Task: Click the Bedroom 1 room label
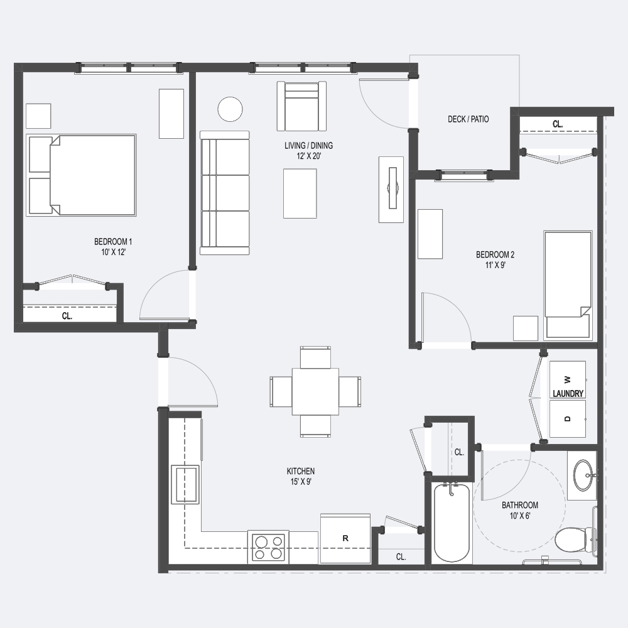coord(113,247)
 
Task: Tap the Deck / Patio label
coord(468,119)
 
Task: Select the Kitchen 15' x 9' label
coord(301,476)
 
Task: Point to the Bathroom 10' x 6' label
coord(520,510)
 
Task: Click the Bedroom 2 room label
coord(495,259)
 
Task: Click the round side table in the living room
coord(230,109)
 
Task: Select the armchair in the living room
coord(301,106)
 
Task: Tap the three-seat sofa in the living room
coord(225,193)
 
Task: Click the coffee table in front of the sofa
coord(300,193)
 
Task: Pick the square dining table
coord(315,392)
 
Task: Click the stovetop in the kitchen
coord(268,547)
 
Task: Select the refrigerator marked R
coord(345,539)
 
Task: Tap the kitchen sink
coord(185,484)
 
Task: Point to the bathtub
coord(452,524)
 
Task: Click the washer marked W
coord(568,379)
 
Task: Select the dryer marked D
coord(568,418)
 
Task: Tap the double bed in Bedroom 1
coord(81,175)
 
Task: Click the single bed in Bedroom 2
coord(568,284)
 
